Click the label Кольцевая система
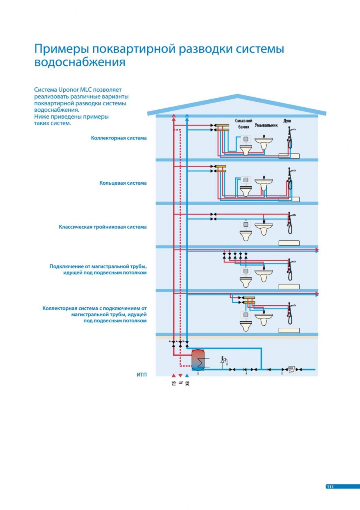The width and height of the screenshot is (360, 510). click(x=123, y=183)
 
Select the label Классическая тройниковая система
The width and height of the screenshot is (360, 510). click(x=102, y=227)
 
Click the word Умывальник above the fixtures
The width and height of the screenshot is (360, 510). click(x=266, y=125)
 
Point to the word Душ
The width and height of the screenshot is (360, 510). click(x=287, y=121)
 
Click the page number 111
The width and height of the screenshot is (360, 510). click(x=330, y=487)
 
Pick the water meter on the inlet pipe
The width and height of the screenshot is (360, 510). click(x=292, y=369)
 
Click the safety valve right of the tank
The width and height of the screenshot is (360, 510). click(x=223, y=360)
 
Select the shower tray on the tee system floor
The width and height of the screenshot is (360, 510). click(x=289, y=242)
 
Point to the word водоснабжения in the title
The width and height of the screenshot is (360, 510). click(x=80, y=63)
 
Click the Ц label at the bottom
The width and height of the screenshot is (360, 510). click(x=180, y=383)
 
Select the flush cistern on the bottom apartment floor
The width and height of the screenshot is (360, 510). click(x=246, y=314)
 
